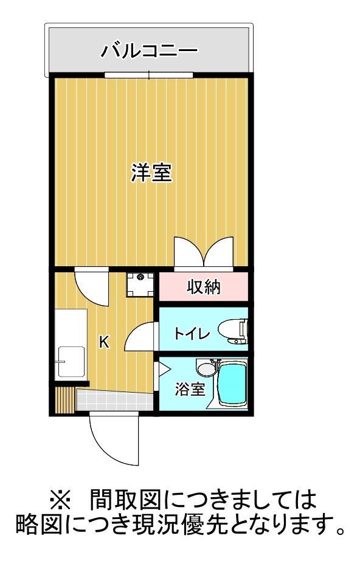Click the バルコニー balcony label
click(149, 50)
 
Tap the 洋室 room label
click(151, 173)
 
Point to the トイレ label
click(192, 333)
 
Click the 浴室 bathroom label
click(190, 389)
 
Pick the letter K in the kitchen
click(104, 343)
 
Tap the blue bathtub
click(230, 384)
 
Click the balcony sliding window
click(149, 75)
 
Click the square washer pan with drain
click(141, 284)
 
